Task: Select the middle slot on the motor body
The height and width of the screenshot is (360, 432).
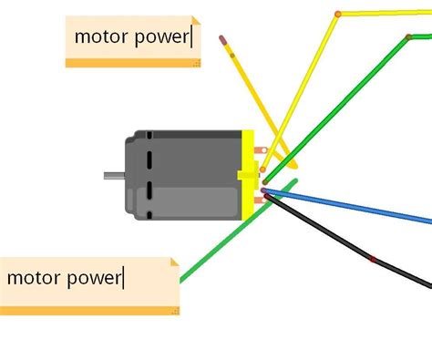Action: coord(149,173)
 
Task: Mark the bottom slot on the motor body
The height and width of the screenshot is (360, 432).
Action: coord(149,206)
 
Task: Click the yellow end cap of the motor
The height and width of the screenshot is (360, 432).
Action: coord(247,175)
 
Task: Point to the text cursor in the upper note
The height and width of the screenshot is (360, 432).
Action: coord(193,36)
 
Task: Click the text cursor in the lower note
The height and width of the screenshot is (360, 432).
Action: coord(123,276)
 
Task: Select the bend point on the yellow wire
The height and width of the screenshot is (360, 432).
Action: coord(338,14)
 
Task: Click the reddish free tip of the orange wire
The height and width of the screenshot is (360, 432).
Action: coord(221,38)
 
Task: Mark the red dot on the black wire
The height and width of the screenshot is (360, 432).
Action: coord(373,260)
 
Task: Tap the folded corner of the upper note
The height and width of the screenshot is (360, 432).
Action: coord(195,20)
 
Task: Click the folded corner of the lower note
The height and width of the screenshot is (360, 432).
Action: coord(173,263)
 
